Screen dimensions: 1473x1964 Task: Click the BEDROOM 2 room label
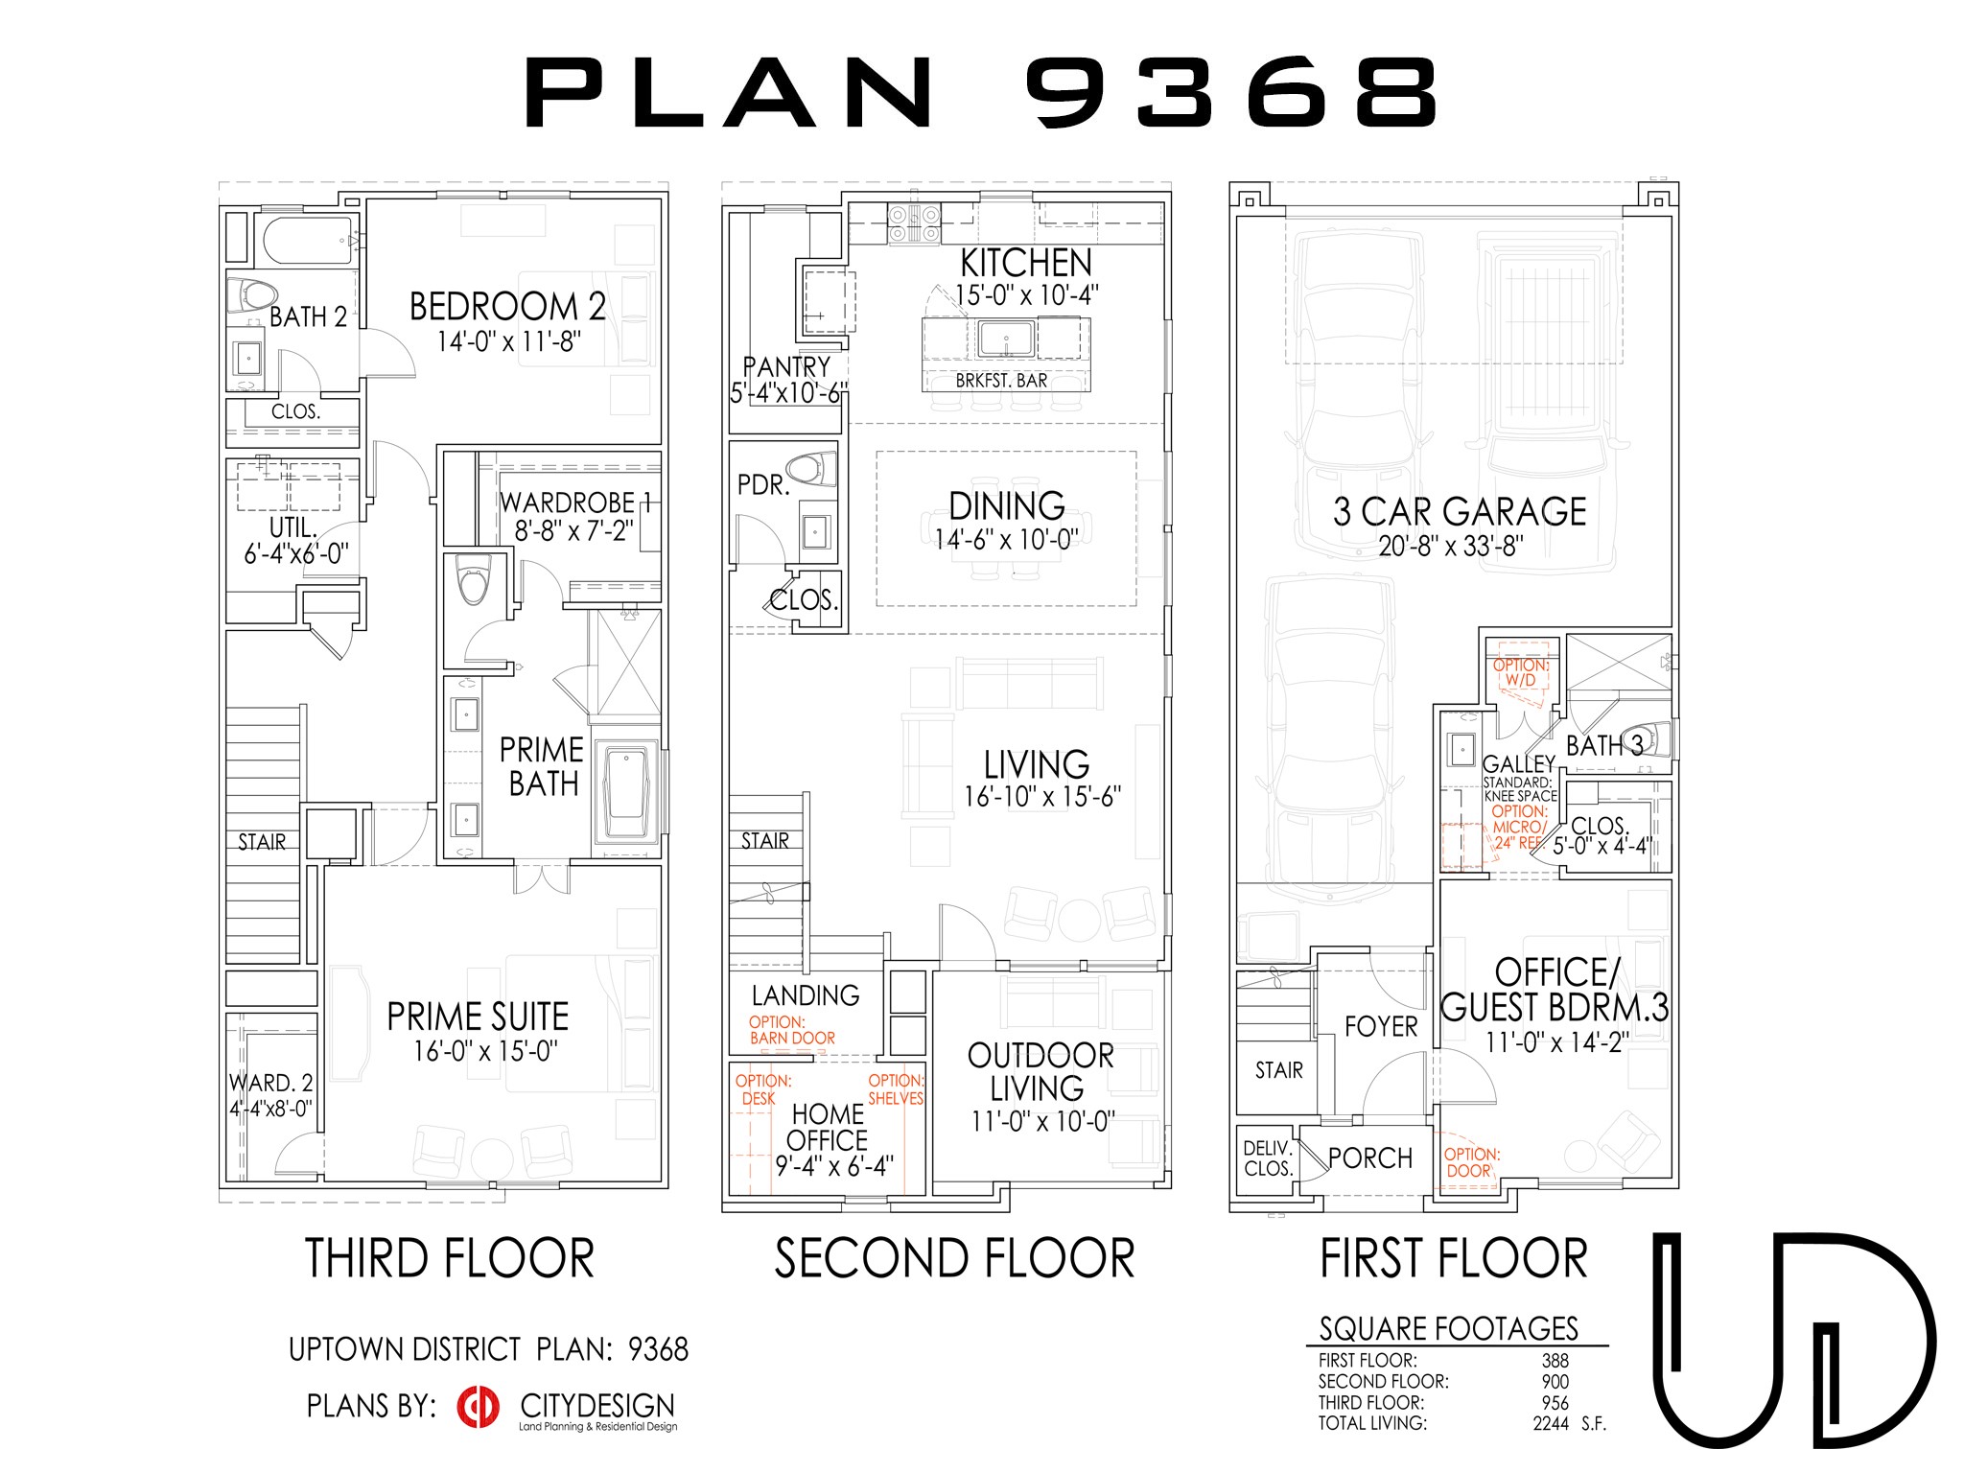(x=507, y=307)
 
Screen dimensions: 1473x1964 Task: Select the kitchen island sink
(x=1005, y=338)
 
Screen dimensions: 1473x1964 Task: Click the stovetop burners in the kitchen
(x=913, y=224)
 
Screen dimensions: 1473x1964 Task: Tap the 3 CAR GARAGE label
(x=1459, y=511)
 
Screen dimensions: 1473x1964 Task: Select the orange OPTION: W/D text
(x=1521, y=672)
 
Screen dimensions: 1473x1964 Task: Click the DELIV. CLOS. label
(x=1268, y=1158)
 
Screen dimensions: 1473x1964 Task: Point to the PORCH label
(x=1370, y=1158)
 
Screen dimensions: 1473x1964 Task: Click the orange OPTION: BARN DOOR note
(x=791, y=1030)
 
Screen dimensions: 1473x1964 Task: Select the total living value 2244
(x=1550, y=1424)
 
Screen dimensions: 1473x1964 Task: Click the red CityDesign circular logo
(x=479, y=1407)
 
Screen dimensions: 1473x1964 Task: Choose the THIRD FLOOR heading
(x=450, y=1258)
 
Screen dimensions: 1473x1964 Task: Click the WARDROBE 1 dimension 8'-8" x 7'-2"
(x=573, y=530)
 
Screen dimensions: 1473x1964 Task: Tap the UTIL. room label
(x=292, y=527)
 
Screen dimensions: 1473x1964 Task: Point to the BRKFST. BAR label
(x=1001, y=381)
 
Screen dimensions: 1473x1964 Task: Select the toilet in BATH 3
(x=1652, y=738)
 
